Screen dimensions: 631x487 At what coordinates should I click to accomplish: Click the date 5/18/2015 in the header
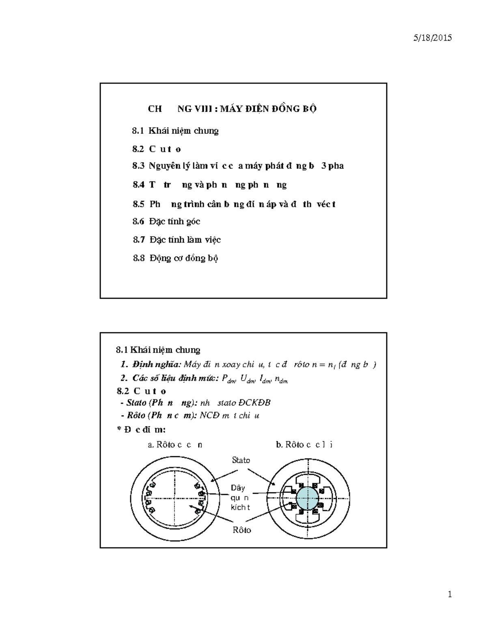(432, 38)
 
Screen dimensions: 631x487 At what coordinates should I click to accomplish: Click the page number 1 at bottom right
(450, 595)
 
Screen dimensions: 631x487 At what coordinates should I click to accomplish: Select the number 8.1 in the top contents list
(138, 131)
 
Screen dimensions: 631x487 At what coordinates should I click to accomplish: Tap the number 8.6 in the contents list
(138, 221)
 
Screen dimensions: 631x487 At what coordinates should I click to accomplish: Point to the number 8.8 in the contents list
(139, 258)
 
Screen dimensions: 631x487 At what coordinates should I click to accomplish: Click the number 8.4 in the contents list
(138, 185)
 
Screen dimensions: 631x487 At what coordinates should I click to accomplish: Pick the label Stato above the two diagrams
(241, 460)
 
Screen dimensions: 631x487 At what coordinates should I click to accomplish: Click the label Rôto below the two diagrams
(242, 530)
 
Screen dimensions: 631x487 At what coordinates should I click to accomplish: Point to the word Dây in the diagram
(238, 488)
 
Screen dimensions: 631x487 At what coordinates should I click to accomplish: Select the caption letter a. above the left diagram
(151, 445)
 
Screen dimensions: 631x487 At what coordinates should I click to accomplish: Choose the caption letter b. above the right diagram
(279, 445)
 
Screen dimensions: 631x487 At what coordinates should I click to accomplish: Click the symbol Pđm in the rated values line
(228, 379)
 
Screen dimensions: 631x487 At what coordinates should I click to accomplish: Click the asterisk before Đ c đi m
(119, 429)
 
